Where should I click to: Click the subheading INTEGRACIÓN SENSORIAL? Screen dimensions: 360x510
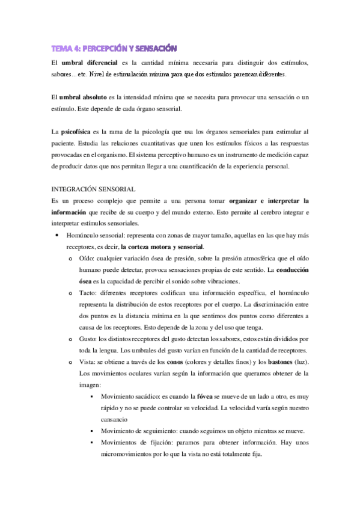[x=93, y=189]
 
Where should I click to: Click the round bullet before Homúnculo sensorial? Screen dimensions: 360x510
[x=56, y=235]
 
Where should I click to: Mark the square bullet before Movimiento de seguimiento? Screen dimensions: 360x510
[x=90, y=432]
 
